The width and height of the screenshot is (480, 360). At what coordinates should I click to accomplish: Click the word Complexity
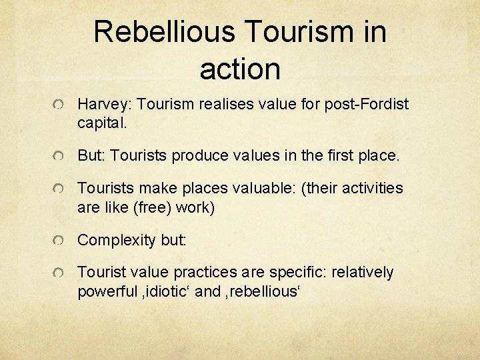pyautogui.click(x=117, y=240)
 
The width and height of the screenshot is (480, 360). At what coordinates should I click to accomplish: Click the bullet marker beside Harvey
pyautogui.click(x=59, y=106)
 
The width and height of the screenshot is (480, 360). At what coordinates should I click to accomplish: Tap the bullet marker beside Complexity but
pyautogui.click(x=59, y=241)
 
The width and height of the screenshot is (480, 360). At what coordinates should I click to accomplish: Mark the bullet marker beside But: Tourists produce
pyautogui.click(x=59, y=157)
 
